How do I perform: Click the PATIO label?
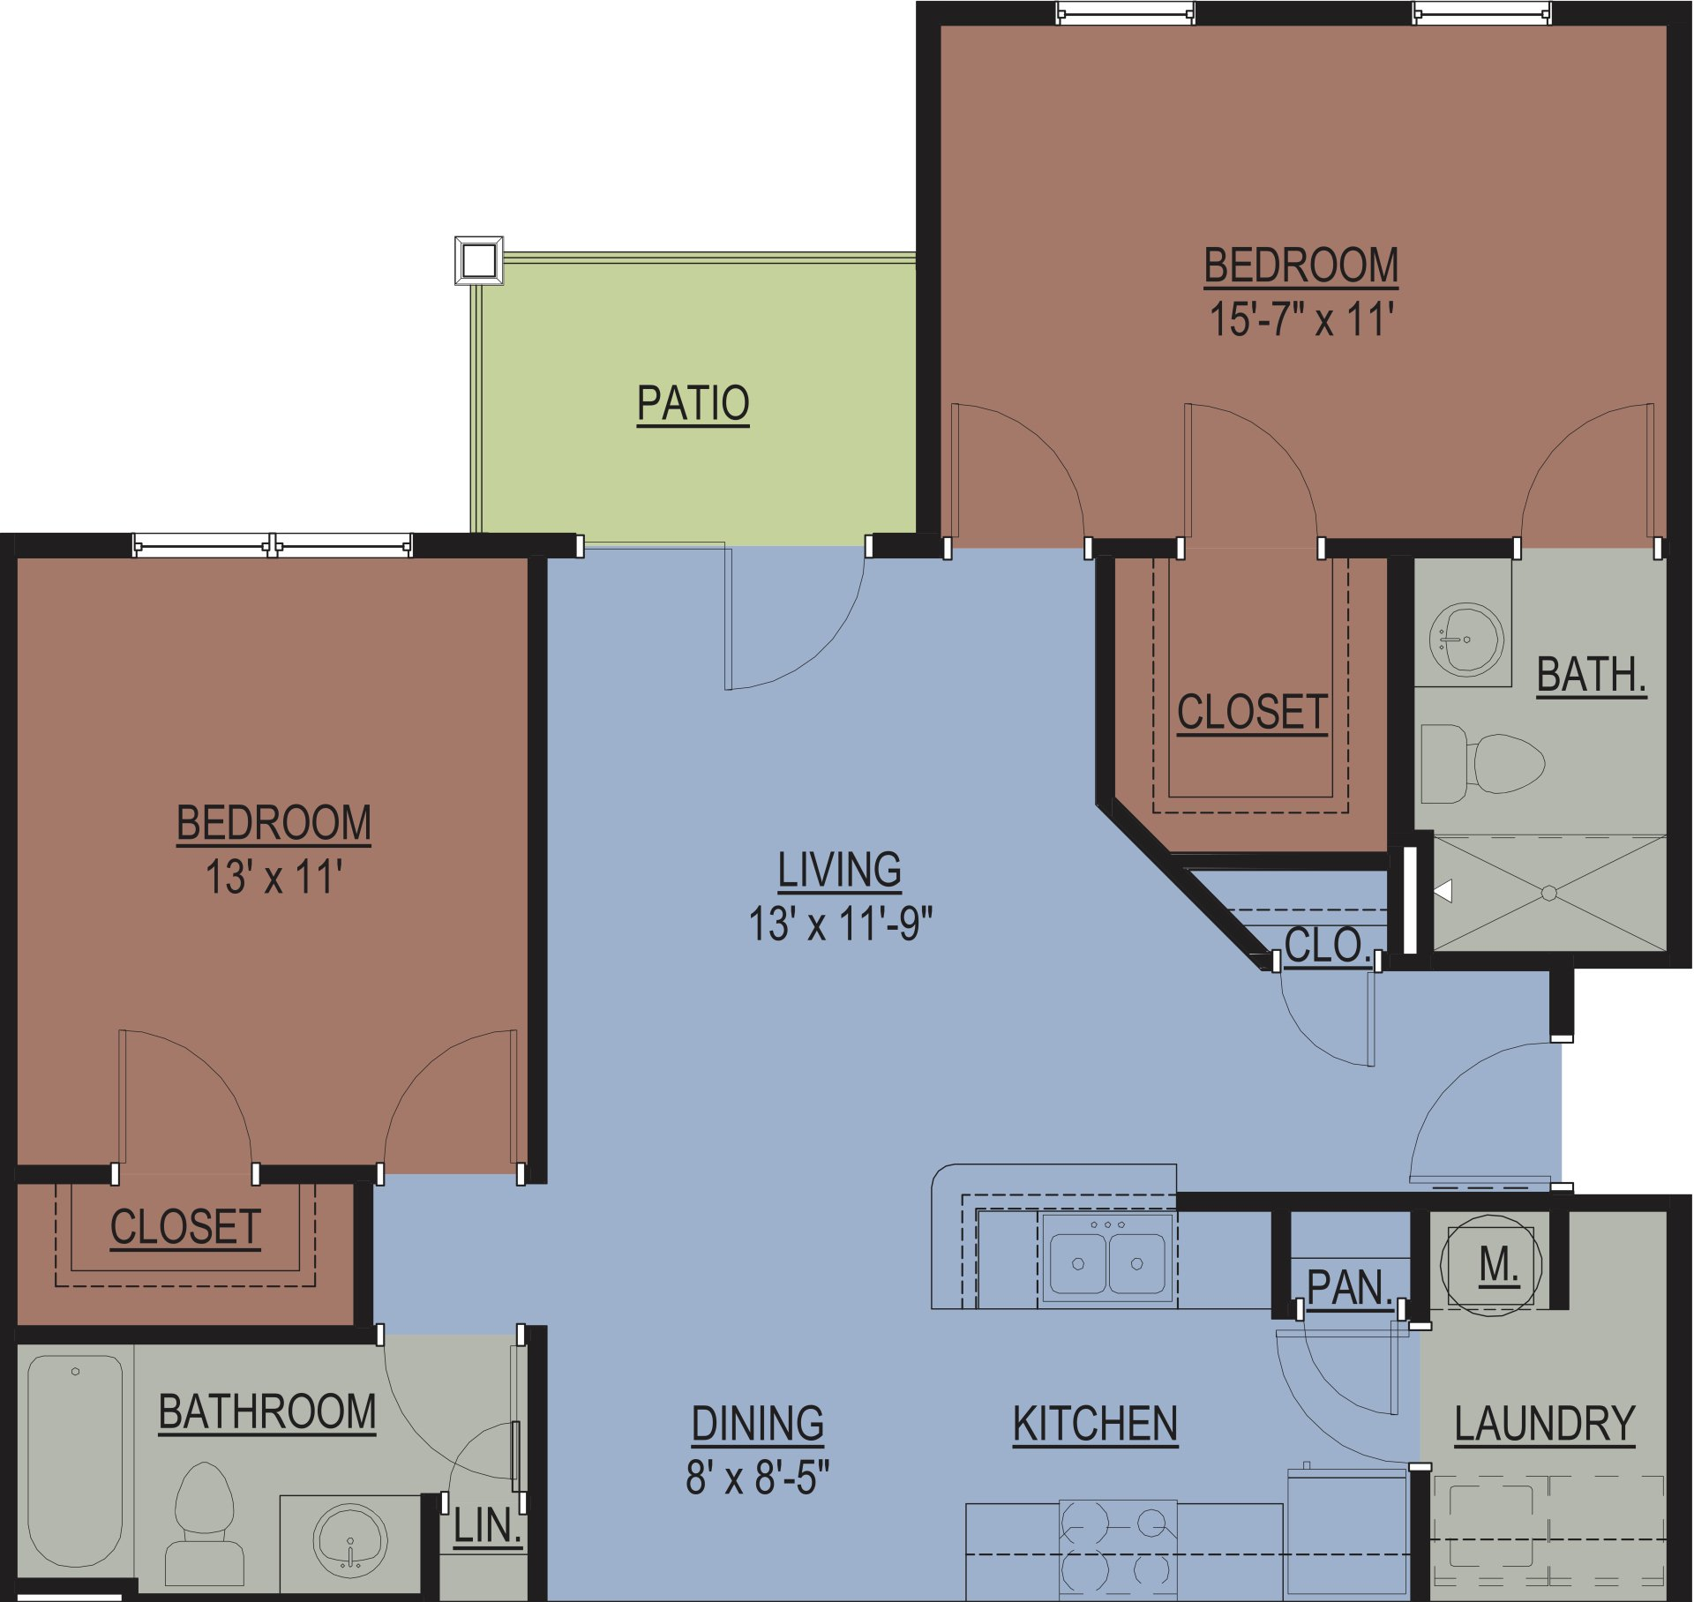[693, 405]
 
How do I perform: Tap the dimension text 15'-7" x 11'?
[1300, 319]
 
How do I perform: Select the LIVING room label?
[839, 870]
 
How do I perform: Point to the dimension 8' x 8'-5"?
[758, 1477]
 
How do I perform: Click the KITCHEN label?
[1095, 1424]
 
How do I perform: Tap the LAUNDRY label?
[1544, 1424]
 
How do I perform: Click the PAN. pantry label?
[1349, 1288]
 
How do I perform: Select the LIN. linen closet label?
[487, 1527]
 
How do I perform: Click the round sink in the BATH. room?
[1465, 639]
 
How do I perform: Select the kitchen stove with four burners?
[1117, 1549]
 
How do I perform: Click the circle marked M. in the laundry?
[1491, 1265]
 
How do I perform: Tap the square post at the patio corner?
[479, 260]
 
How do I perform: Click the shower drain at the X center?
[1548, 894]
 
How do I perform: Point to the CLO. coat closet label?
[1327, 946]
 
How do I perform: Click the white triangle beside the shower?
[1444, 891]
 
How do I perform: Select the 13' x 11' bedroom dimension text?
[274, 878]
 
